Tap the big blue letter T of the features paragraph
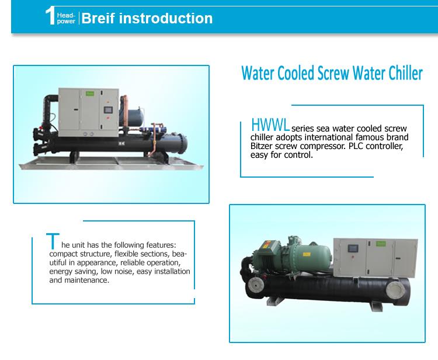tap(53, 240)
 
